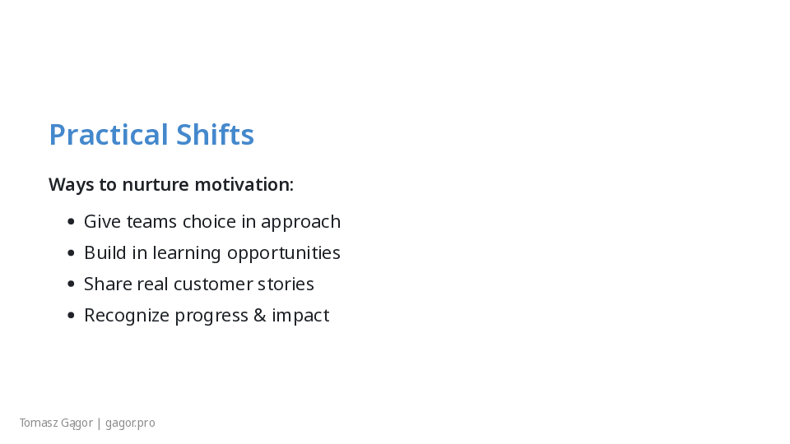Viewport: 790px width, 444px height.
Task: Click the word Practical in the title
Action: [x=109, y=134]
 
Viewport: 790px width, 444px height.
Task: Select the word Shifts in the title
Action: [x=215, y=134]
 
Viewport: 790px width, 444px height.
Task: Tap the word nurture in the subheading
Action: [x=156, y=184]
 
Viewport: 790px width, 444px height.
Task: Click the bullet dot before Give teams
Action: [x=71, y=221]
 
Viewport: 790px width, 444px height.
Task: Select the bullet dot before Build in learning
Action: [x=71, y=252]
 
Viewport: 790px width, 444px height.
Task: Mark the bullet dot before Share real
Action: [x=71, y=284]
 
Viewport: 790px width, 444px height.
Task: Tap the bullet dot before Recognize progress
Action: [x=71, y=315]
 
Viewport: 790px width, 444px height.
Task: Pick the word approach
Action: [x=301, y=223]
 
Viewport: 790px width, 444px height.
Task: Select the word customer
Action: [x=212, y=284]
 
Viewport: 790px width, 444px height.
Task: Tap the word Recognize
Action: [x=127, y=316]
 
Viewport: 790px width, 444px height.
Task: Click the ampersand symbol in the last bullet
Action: [x=260, y=315]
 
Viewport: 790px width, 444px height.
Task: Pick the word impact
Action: [x=300, y=316]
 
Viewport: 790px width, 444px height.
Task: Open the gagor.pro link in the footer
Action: [x=130, y=423]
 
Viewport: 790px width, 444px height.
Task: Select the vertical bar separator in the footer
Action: [x=100, y=423]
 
